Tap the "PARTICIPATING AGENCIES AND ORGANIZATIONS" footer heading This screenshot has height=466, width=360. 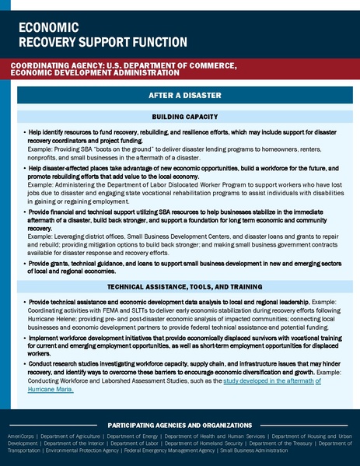point(180,425)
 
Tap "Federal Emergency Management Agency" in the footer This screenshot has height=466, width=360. point(175,450)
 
